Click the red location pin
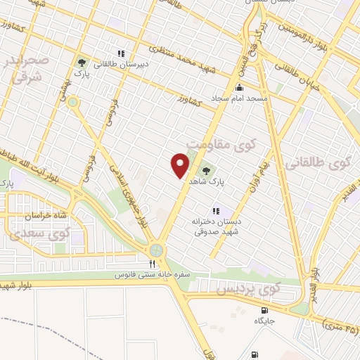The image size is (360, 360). (x=181, y=165)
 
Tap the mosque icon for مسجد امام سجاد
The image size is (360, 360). (x=240, y=89)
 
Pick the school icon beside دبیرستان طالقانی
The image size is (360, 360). (x=122, y=53)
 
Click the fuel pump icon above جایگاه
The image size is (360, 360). (x=264, y=310)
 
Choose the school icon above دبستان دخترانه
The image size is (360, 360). (x=217, y=210)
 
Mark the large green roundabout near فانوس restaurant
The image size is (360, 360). (x=155, y=250)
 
